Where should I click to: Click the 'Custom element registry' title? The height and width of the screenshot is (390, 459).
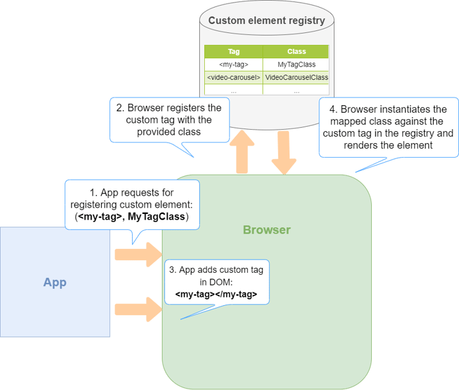tap(266, 20)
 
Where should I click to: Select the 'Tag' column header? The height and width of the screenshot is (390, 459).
tap(233, 52)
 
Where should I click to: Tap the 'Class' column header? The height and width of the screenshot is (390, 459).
tap(297, 52)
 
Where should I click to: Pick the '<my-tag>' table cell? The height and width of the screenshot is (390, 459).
tap(233, 65)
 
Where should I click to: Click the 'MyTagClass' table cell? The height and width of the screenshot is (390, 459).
tap(297, 65)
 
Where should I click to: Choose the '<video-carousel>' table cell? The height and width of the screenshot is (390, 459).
tap(233, 77)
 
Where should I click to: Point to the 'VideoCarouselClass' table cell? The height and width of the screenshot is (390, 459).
tap(297, 77)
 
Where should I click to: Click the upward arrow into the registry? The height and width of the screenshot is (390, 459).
tap(242, 152)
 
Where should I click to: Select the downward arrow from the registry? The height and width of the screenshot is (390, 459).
tap(284, 153)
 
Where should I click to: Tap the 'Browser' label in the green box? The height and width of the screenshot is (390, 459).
tap(267, 230)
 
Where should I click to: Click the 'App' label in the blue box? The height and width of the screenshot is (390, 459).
tap(55, 282)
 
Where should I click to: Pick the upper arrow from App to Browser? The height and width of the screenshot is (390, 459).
tap(138, 255)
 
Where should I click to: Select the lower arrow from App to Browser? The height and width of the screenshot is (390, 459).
tap(138, 310)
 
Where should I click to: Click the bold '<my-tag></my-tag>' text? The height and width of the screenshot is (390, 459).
tap(216, 294)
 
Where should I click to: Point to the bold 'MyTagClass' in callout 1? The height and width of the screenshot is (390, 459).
tap(156, 217)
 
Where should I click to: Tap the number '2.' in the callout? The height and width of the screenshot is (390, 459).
tap(120, 108)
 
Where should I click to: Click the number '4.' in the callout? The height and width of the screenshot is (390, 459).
tap(333, 110)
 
